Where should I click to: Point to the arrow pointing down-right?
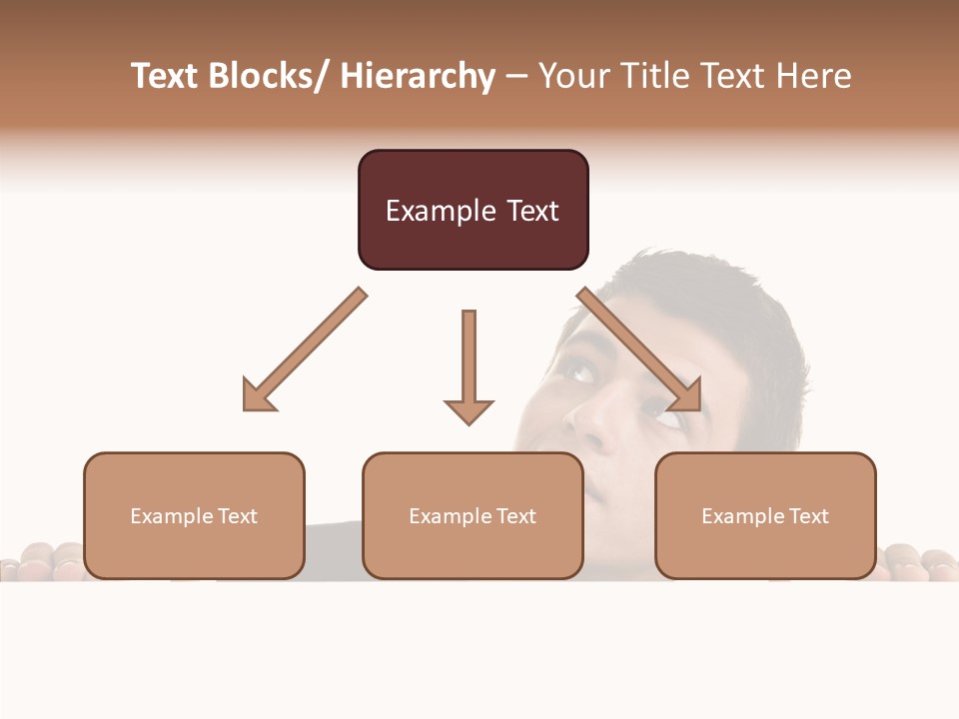click(x=639, y=351)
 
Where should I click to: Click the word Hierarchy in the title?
click(x=418, y=77)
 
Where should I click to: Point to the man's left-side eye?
click(x=580, y=371)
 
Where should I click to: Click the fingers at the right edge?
click(x=919, y=562)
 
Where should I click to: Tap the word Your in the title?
click(x=574, y=77)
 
